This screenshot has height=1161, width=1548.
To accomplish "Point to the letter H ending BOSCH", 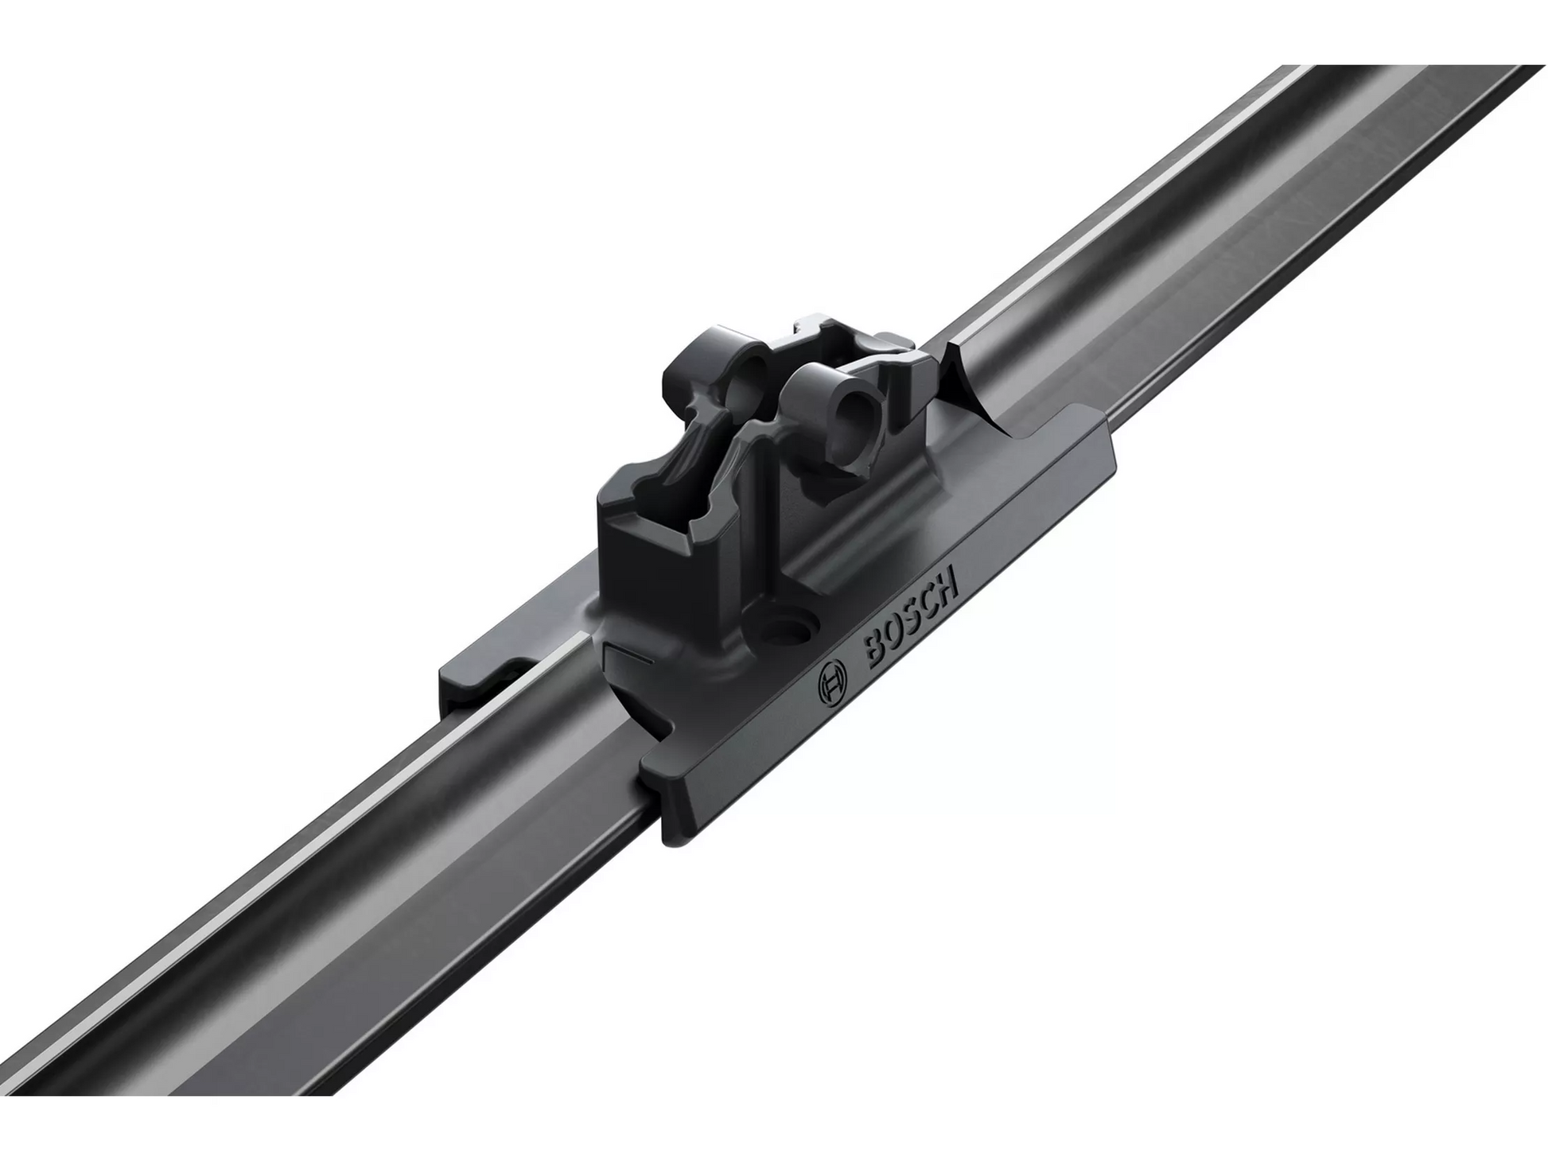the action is tap(947, 580).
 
